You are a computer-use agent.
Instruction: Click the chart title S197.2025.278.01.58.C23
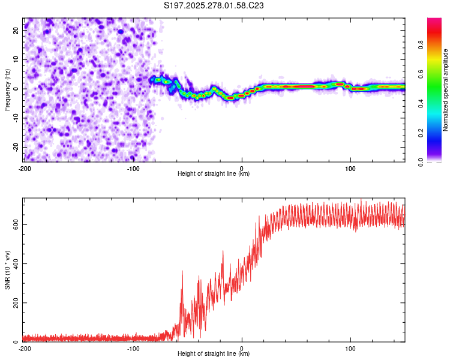click(x=214, y=5)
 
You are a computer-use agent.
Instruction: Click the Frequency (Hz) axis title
click(x=7, y=90)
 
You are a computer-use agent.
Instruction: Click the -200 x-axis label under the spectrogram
click(x=25, y=169)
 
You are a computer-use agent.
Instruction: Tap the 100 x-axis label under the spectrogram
click(x=350, y=169)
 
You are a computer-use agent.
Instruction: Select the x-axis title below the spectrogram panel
click(x=214, y=174)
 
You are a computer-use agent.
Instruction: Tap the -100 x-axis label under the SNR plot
click(x=133, y=349)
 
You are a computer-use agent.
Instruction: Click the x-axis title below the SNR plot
click(x=214, y=354)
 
